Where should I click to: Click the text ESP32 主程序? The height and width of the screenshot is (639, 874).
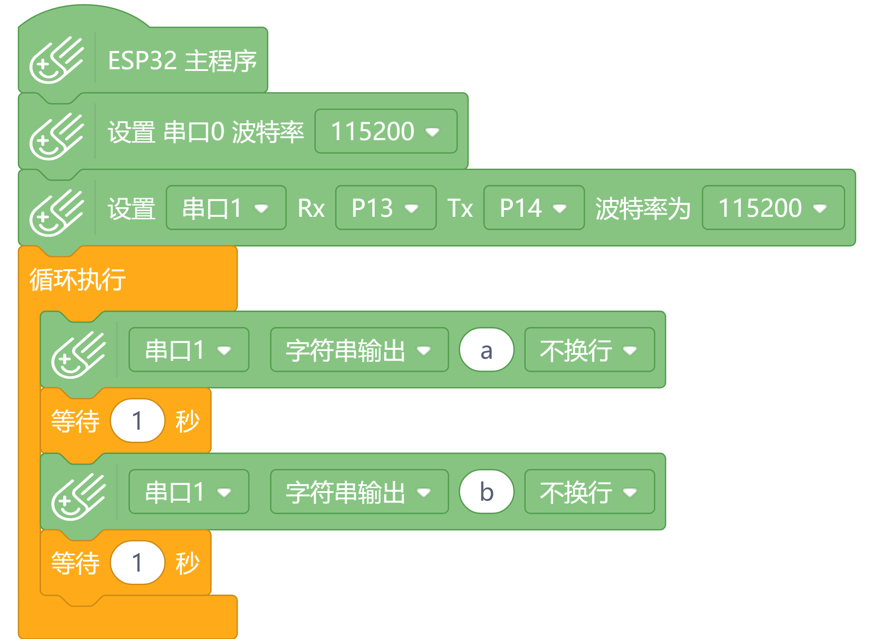tap(182, 61)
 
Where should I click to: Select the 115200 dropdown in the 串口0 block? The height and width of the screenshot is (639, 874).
tap(385, 131)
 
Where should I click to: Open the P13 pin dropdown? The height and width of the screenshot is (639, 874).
tap(385, 208)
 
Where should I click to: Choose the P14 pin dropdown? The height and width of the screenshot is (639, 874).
tap(534, 208)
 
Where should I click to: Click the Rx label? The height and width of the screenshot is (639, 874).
tap(311, 208)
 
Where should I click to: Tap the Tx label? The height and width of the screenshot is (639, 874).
tap(460, 208)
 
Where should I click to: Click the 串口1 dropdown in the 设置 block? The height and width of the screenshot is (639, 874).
tap(226, 208)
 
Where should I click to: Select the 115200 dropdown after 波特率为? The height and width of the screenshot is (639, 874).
tap(773, 208)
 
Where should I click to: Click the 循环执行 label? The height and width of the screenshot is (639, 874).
tap(77, 279)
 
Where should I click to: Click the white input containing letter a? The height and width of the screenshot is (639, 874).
tap(486, 350)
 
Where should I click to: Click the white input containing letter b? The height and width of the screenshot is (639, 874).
tap(486, 492)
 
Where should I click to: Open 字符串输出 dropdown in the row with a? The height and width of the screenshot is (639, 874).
tap(359, 350)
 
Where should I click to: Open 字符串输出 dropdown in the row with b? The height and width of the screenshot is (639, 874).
tap(359, 492)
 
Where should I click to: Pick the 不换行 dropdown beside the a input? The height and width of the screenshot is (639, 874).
tap(589, 350)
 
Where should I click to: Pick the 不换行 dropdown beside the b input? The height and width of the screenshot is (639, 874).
tap(589, 492)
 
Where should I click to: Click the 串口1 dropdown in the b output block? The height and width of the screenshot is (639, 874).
tap(188, 492)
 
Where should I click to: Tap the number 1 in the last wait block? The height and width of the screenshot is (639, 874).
tap(137, 562)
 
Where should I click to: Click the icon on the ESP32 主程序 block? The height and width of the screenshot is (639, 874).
tap(56, 60)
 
